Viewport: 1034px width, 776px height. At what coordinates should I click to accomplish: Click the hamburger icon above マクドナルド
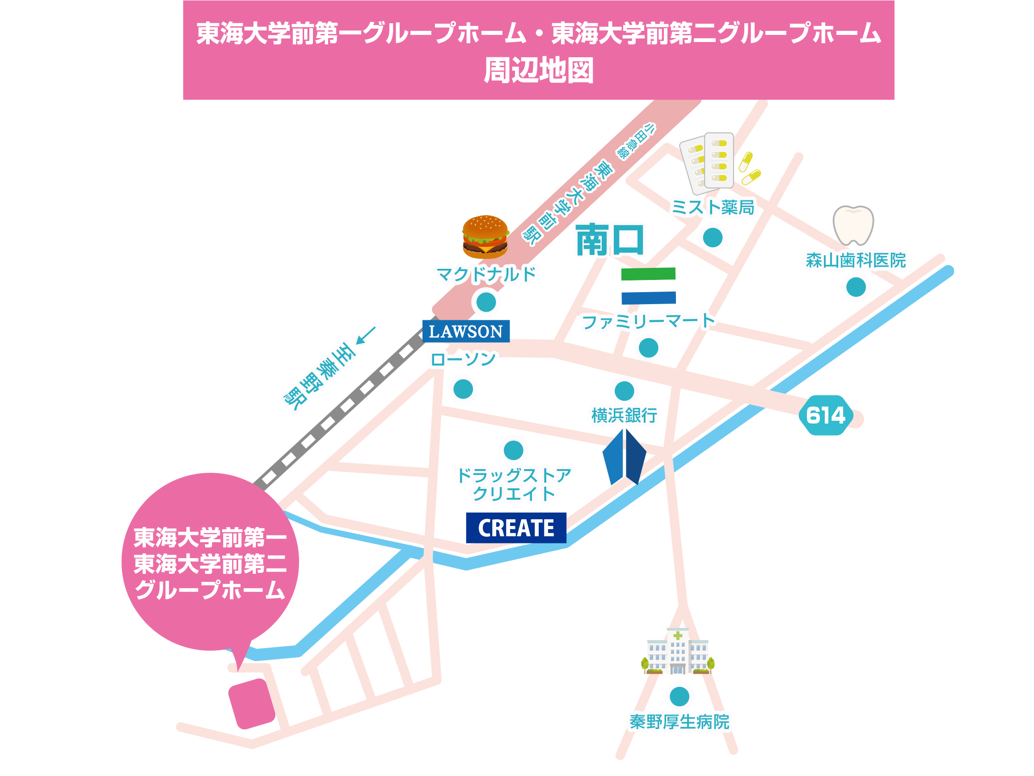[x=485, y=237]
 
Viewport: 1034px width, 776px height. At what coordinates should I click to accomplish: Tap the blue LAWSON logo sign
[x=465, y=331]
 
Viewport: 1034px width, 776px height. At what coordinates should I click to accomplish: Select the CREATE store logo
[x=515, y=528]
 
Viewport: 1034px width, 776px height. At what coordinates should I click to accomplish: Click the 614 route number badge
[x=826, y=416]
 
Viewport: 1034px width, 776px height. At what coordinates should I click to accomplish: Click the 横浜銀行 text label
[x=624, y=416]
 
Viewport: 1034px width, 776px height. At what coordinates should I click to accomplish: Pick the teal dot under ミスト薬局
[x=713, y=237]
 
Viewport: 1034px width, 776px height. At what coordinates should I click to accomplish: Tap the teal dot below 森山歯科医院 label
[x=856, y=287]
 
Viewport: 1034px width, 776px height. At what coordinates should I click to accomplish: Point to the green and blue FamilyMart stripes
[x=648, y=286]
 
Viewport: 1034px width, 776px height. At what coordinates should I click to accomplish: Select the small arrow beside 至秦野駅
[x=366, y=335]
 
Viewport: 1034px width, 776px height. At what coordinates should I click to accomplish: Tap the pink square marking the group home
[x=252, y=704]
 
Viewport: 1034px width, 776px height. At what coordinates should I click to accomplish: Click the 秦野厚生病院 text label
[x=679, y=722]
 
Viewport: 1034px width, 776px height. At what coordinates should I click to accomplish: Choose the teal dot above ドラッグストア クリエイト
[x=513, y=450]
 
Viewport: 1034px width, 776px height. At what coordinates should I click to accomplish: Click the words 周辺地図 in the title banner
[x=539, y=71]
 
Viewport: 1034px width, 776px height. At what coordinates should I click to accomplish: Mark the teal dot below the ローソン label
[x=463, y=389]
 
